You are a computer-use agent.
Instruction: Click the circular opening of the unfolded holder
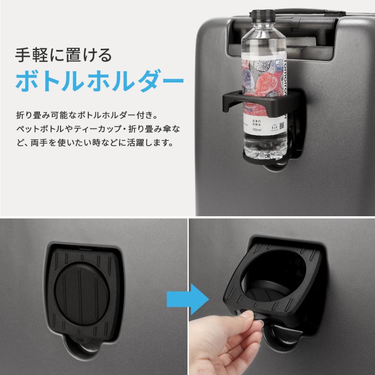pyautogui.click(x=271, y=271)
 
